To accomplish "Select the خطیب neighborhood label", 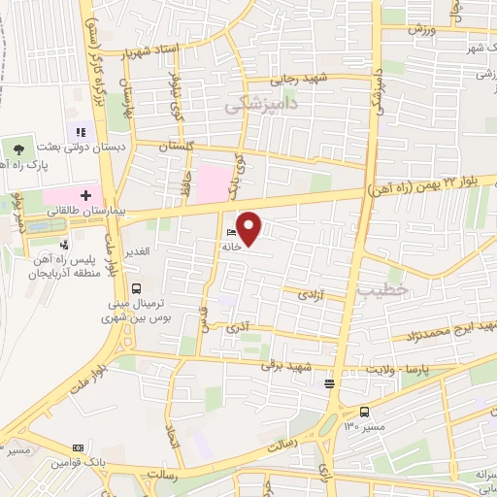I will pos(377,290).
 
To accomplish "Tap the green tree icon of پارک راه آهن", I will pos(18,148).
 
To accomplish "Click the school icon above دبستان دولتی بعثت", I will pos(78,130).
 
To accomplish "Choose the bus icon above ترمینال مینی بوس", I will pos(136,287).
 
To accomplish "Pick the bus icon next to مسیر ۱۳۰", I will pos(364,412).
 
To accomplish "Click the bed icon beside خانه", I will pos(229,233).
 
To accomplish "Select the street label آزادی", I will pos(309,292).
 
